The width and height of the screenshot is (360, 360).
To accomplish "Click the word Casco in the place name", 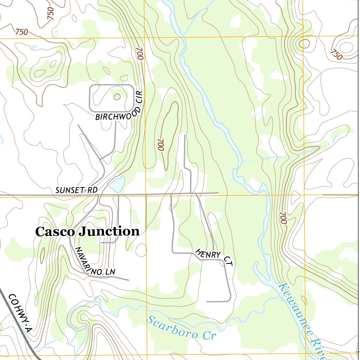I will coord(55,232).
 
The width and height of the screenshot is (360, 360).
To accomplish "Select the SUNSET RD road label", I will coord(76,190).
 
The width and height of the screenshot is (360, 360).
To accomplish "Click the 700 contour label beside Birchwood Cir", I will coord(140,53).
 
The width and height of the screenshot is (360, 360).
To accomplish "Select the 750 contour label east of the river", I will coord(336,54).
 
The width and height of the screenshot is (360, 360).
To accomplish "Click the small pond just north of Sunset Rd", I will coord(117,184).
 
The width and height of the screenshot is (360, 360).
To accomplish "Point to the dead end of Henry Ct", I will coord(207,302).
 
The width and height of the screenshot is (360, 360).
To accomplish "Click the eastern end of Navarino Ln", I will coord(128,280).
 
